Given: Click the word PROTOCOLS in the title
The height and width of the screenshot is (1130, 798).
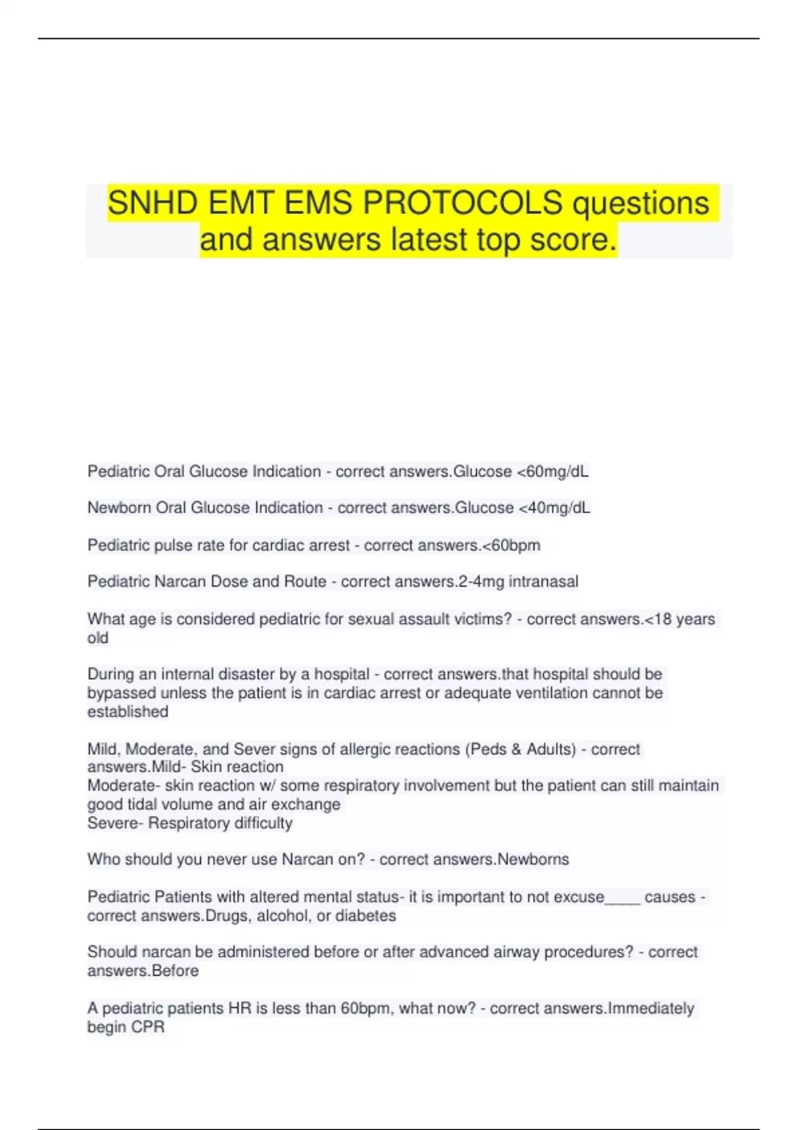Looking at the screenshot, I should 462,203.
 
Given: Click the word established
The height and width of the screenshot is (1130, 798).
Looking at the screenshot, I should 128,712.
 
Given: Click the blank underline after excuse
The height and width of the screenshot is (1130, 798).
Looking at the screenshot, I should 622,897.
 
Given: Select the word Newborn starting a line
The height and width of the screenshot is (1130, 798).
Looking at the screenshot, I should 119,508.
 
